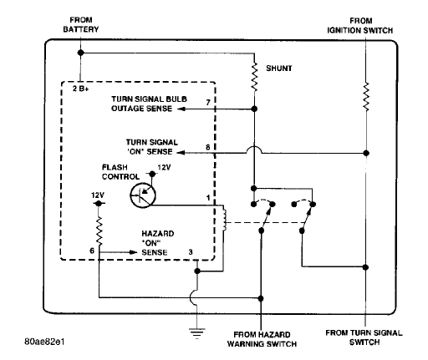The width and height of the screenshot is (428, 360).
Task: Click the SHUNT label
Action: tap(279, 68)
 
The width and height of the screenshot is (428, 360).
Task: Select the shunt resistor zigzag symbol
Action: tap(254, 77)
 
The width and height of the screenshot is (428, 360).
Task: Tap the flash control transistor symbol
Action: tap(143, 195)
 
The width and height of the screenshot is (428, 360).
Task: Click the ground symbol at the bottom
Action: tap(197, 333)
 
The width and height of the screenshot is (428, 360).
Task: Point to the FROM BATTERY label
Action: tap(81, 25)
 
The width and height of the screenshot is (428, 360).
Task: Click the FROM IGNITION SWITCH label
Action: tap(360, 26)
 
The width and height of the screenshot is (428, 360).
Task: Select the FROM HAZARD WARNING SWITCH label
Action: tap(262, 339)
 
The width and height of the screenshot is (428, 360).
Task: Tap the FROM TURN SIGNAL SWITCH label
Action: tap(364, 337)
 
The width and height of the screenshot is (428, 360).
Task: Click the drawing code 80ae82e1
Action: tap(44, 342)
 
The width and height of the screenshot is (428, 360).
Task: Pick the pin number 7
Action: tap(208, 103)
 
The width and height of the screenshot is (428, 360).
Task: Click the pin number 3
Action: tap(191, 252)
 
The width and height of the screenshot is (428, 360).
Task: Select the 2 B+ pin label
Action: tap(81, 89)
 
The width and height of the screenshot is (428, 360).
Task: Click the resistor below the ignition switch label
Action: tap(366, 97)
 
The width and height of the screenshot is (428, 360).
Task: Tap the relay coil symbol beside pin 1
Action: tap(225, 219)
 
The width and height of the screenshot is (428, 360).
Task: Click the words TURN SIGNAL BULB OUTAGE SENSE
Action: tap(149, 104)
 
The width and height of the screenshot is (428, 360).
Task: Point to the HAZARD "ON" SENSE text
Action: tap(158, 243)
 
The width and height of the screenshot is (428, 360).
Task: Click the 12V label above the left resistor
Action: tap(98, 195)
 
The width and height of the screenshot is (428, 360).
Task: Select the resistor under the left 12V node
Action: tap(99, 231)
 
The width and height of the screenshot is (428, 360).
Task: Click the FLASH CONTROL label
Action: tap(120, 172)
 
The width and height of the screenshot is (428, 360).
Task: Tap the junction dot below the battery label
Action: tap(80, 53)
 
